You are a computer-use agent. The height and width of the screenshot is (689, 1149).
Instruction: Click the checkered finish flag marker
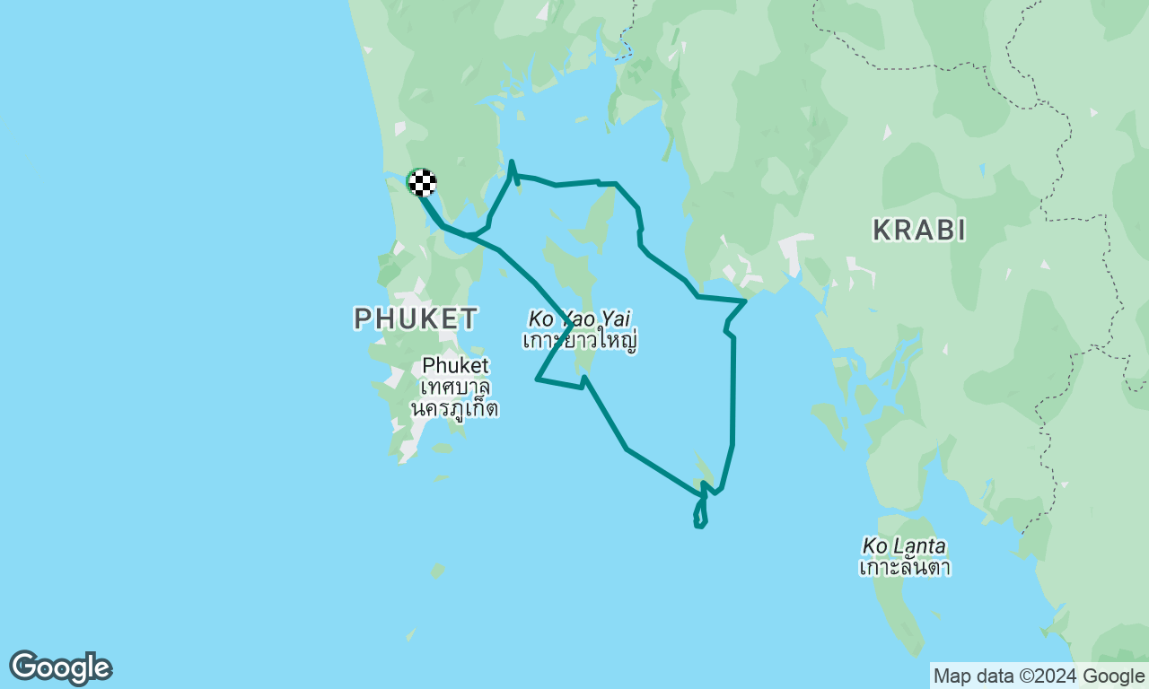click(x=422, y=182)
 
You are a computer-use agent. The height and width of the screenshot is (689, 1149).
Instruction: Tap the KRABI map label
click(x=919, y=231)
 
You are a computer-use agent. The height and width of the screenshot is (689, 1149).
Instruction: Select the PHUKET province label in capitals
click(x=416, y=318)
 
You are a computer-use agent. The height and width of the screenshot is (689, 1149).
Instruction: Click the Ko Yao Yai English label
click(x=579, y=318)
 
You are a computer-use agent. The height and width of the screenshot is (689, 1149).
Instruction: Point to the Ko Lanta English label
click(x=904, y=545)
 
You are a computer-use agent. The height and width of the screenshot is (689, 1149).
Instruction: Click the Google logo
click(x=60, y=667)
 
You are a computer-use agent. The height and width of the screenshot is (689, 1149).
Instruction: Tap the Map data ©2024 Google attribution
click(x=1039, y=676)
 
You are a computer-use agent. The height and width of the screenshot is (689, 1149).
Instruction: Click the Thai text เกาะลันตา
click(x=904, y=568)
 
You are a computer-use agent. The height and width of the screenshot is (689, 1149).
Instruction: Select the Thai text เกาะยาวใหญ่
click(x=579, y=342)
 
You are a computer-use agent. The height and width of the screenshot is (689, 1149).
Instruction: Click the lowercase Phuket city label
click(x=456, y=365)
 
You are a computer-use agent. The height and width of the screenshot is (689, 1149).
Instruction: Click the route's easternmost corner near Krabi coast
click(x=745, y=301)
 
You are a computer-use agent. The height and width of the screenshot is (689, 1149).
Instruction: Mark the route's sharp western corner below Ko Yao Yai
click(x=537, y=379)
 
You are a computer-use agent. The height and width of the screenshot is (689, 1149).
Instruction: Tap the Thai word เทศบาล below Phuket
click(x=455, y=388)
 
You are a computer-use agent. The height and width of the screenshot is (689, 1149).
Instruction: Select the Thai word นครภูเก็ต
click(x=454, y=409)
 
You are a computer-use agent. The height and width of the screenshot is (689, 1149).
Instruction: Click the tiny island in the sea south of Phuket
click(x=437, y=571)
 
